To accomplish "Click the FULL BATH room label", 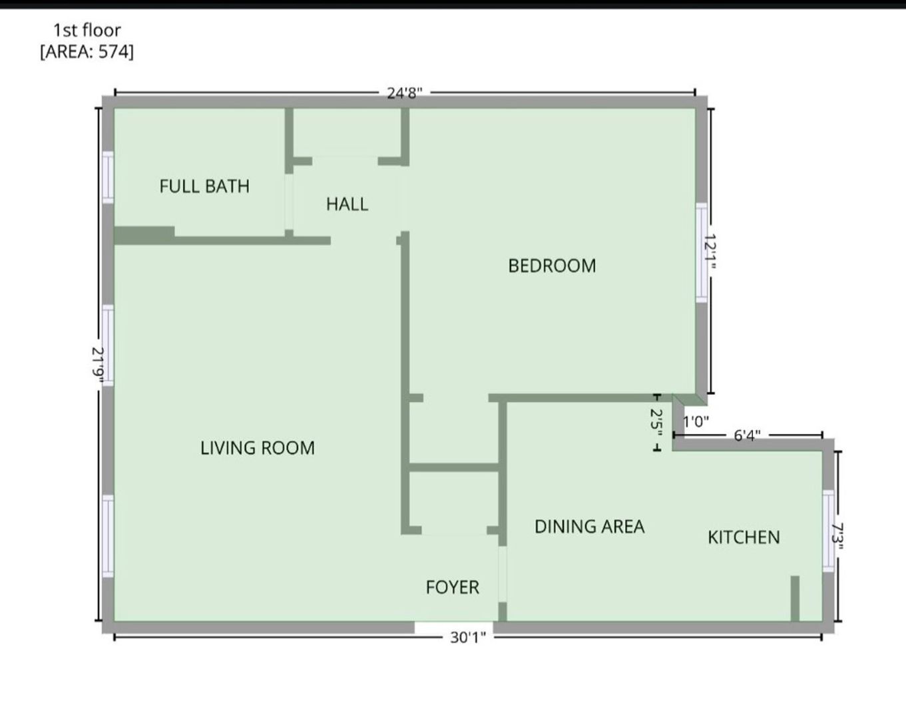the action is pyautogui.click(x=204, y=186).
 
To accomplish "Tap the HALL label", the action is pyautogui.click(x=347, y=204).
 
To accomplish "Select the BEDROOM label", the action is pyautogui.click(x=552, y=266).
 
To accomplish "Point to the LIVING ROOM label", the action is pyautogui.click(x=257, y=448).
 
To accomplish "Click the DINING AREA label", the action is pyautogui.click(x=589, y=527).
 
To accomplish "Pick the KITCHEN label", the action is pyautogui.click(x=744, y=537).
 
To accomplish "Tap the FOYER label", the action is pyautogui.click(x=453, y=587).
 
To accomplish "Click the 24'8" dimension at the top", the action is pyautogui.click(x=405, y=93).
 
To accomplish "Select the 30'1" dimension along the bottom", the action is pyautogui.click(x=468, y=638).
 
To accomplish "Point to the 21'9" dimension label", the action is pyautogui.click(x=98, y=364).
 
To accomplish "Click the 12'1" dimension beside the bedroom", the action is pyautogui.click(x=711, y=252).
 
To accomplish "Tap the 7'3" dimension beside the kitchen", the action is pyautogui.click(x=838, y=537).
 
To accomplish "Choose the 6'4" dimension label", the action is pyautogui.click(x=748, y=435).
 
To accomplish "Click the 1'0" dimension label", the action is pyautogui.click(x=696, y=421).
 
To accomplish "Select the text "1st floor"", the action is pyautogui.click(x=87, y=31).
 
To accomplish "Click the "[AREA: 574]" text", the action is pyautogui.click(x=87, y=52).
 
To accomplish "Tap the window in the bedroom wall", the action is pyautogui.click(x=701, y=253).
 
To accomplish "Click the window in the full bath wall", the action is pyautogui.click(x=109, y=177).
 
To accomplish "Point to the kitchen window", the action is pyautogui.click(x=828, y=531).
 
